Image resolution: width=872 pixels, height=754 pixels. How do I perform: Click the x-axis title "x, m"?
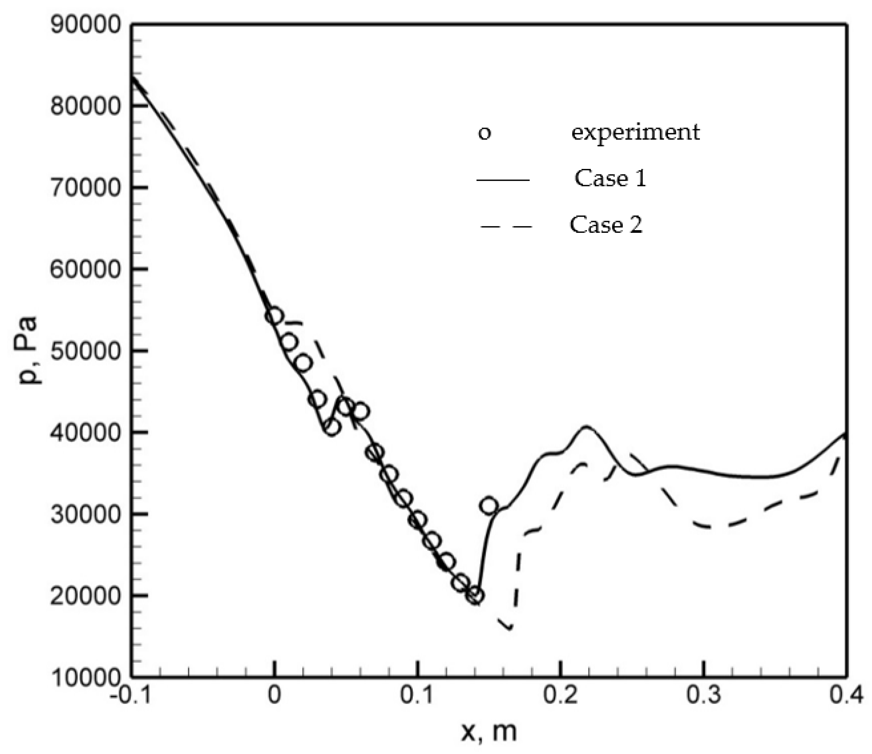tap(488, 733)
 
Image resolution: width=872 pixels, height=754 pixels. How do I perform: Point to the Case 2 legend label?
tap(606, 224)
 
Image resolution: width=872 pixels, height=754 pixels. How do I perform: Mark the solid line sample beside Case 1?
tap(503, 180)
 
